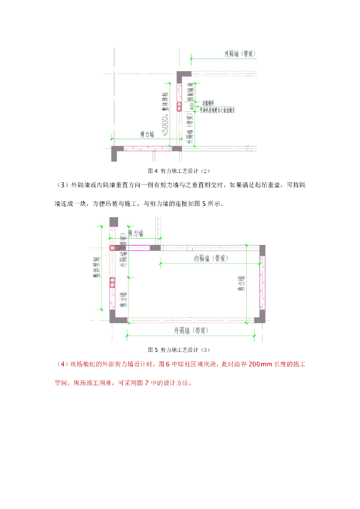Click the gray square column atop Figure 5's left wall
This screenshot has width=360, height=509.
[114, 222]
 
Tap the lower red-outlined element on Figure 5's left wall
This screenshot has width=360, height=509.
[113, 284]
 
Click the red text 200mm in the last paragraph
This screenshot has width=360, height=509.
[261, 364]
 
